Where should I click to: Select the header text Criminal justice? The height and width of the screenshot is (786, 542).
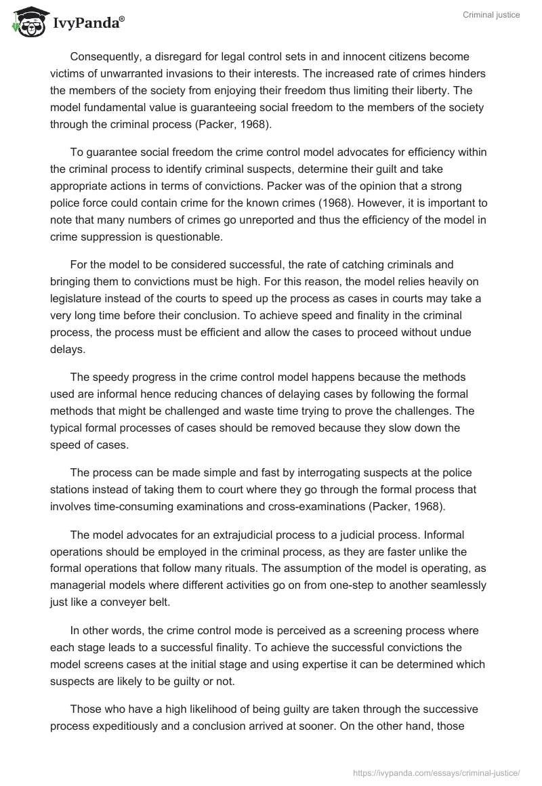tap(493, 15)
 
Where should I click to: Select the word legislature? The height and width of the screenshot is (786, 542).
tap(79, 297)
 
